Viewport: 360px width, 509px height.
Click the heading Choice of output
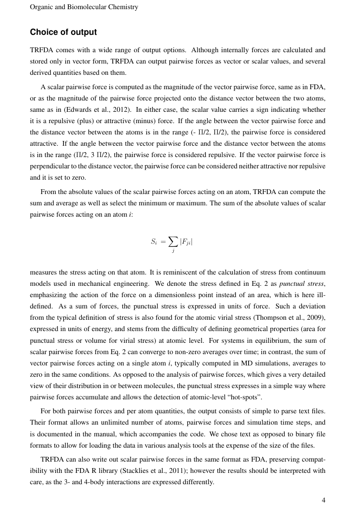63,32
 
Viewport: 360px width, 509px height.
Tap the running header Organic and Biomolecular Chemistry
84,7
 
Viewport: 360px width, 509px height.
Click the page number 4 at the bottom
323,500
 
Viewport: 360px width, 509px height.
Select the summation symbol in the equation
173,242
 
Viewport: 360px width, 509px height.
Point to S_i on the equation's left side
154,241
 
